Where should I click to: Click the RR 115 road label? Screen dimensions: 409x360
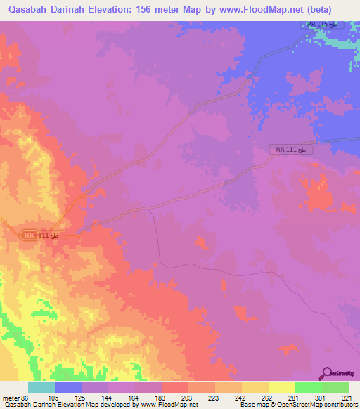point(323,25)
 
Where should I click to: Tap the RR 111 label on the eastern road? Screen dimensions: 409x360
point(290,149)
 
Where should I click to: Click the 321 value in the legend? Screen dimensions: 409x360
point(347,398)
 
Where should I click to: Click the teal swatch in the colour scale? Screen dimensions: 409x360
point(41,387)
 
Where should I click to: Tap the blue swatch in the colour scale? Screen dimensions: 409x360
point(68,387)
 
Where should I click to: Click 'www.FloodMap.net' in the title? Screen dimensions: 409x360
point(250,9)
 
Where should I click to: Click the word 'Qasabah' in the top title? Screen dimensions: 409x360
point(24,9)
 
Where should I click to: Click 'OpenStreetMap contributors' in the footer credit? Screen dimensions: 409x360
point(317,405)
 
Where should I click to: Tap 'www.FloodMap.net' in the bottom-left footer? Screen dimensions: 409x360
point(169,405)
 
